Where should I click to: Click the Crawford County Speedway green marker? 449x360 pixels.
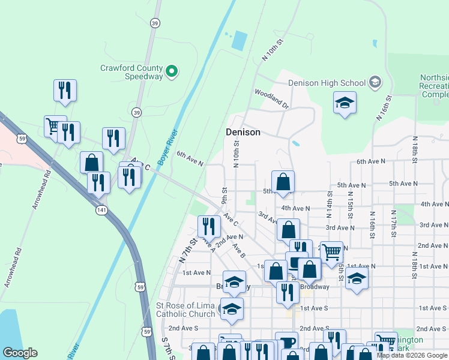tap(171, 72)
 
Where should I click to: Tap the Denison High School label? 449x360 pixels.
tap(327, 83)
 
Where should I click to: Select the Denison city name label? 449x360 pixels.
tap(243, 132)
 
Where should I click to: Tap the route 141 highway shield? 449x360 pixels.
tap(100, 211)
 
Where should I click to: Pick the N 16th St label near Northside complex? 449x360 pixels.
tap(384, 107)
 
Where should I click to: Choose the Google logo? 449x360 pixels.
tap(20, 353)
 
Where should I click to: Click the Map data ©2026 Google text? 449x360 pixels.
tap(412, 355)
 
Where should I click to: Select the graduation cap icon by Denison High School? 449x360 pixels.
tap(345, 103)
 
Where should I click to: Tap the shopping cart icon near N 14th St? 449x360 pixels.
tap(331, 252)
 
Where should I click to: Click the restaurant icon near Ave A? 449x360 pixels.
tap(209, 226)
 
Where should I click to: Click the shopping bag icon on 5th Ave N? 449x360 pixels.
tap(283, 181)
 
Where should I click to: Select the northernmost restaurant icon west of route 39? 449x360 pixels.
tap(65, 90)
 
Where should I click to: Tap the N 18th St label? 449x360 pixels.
tap(414, 149)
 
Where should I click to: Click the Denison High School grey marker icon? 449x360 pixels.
tap(375, 82)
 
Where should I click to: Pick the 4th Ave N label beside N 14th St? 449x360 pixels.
tap(295, 208)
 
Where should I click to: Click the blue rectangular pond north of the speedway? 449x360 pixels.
tap(239, 40)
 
